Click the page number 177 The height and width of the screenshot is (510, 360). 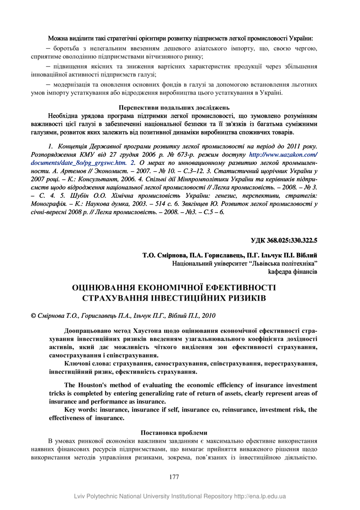tap(174, 477)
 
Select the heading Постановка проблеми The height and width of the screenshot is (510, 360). tap(174, 432)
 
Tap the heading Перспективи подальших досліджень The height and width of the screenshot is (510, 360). tap(174, 108)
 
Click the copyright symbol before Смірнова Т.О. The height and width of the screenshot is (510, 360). tap(33, 316)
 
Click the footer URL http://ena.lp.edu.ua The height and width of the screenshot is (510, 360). tap(260, 496)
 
